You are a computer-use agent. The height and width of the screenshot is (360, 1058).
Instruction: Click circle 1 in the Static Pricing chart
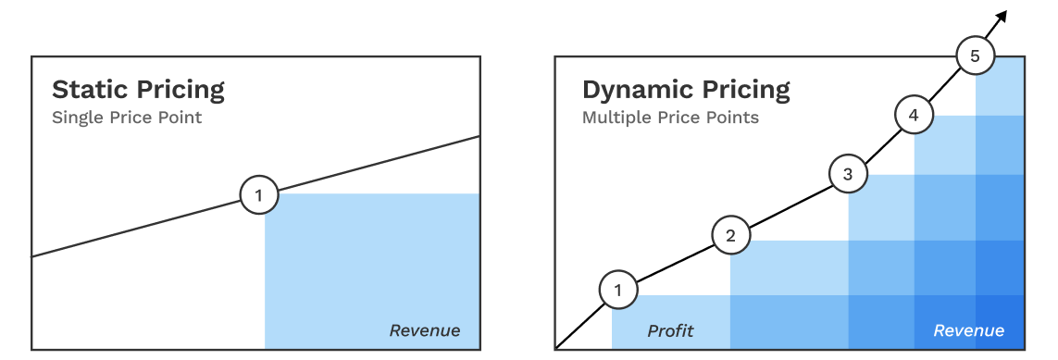(x=258, y=195)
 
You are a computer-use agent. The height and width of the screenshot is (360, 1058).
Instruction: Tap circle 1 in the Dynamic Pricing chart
(x=618, y=291)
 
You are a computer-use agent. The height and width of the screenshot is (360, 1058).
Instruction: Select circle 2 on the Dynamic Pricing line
(x=730, y=235)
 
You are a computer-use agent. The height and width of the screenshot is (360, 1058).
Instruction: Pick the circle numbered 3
(x=848, y=173)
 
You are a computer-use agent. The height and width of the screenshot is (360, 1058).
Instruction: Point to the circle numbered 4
(x=914, y=116)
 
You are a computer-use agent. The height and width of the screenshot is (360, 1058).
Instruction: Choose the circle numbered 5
(x=974, y=56)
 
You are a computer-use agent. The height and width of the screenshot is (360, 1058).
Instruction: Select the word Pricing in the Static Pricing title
(x=180, y=90)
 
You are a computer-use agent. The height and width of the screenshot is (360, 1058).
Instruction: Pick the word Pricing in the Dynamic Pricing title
(x=746, y=90)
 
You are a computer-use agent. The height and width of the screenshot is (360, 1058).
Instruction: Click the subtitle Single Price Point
(x=127, y=118)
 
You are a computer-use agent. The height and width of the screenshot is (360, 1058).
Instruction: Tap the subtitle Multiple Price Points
(x=670, y=118)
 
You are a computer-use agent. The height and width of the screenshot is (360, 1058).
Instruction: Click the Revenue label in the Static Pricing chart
(x=424, y=330)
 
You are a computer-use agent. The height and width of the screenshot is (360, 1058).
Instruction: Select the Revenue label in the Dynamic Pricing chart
(x=968, y=330)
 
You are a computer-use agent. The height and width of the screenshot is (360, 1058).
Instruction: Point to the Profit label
(x=670, y=330)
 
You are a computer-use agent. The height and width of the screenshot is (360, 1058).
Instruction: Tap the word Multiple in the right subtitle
(x=615, y=118)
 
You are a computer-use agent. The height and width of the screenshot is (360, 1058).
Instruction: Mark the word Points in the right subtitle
(x=731, y=118)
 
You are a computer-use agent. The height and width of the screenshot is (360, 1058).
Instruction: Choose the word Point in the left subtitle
(x=181, y=118)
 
